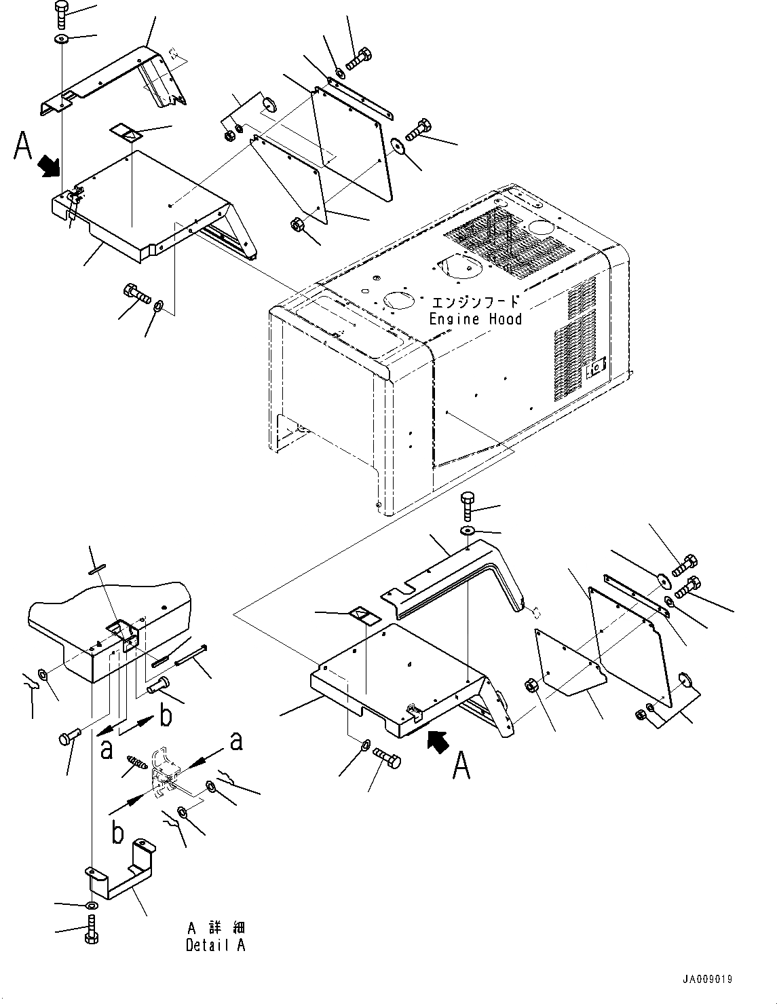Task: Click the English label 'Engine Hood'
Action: (x=475, y=319)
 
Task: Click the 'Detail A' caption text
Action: (x=215, y=945)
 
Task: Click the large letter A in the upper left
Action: (x=24, y=146)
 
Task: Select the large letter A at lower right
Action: (x=461, y=766)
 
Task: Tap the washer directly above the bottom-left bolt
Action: (x=91, y=906)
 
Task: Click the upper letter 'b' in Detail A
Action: (x=164, y=715)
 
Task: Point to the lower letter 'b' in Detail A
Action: (x=117, y=832)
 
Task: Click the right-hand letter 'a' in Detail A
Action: (x=236, y=740)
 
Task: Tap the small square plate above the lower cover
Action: (x=362, y=617)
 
